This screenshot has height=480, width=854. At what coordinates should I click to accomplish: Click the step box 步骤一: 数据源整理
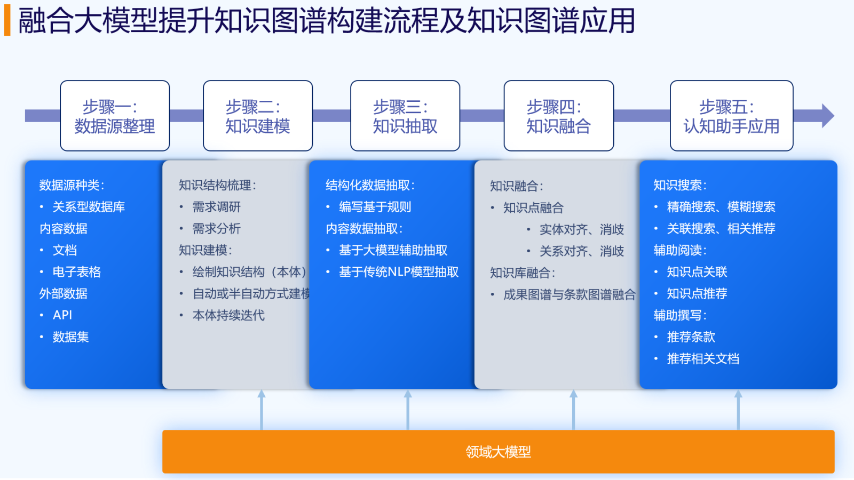[115, 116]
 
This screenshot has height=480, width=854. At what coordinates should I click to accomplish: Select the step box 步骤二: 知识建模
[258, 116]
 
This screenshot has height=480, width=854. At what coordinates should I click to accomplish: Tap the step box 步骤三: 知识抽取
[405, 116]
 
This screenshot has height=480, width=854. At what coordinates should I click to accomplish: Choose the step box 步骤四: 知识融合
[558, 116]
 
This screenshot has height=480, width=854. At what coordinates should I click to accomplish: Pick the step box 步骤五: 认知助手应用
[731, 116]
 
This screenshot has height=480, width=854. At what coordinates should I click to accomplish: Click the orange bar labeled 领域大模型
[499, 452]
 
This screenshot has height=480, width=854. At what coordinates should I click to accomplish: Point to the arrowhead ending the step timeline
[827, 116]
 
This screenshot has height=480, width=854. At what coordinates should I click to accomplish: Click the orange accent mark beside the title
[7, 22]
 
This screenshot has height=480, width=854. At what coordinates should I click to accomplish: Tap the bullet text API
[62, 315]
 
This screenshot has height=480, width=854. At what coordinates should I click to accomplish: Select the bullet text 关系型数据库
[89, 207]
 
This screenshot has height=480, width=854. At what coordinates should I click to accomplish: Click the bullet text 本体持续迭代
[228, 315]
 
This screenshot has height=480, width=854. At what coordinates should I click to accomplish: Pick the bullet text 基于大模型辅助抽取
[393, 250]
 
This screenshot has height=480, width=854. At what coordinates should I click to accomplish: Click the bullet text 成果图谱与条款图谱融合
[570, 294]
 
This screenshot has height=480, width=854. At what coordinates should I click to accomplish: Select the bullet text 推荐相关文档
[703, 359]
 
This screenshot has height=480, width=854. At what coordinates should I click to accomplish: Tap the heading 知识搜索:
[680, 185]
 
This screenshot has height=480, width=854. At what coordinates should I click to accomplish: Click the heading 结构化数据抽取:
[370, 185]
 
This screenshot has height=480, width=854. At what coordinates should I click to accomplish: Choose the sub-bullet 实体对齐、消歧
[582, 229]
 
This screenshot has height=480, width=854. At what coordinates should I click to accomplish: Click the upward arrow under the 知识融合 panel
[573, 410]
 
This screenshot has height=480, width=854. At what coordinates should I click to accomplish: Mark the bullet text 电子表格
[77, 272]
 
